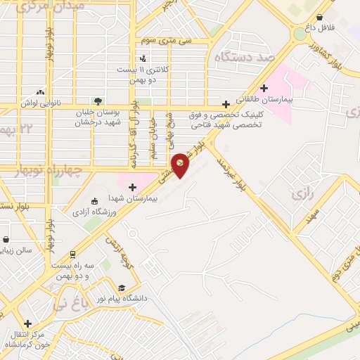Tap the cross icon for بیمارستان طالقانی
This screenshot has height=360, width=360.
tap(264, 88)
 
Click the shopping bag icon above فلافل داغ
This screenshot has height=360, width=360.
tap(320, 18)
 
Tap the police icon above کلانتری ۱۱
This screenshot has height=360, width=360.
tap(143, 59)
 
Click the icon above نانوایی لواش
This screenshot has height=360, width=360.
tap(41, 92)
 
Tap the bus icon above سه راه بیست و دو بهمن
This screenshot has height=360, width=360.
tap(72, 255)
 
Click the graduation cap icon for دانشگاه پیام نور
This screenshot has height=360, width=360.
tap(122, 288)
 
